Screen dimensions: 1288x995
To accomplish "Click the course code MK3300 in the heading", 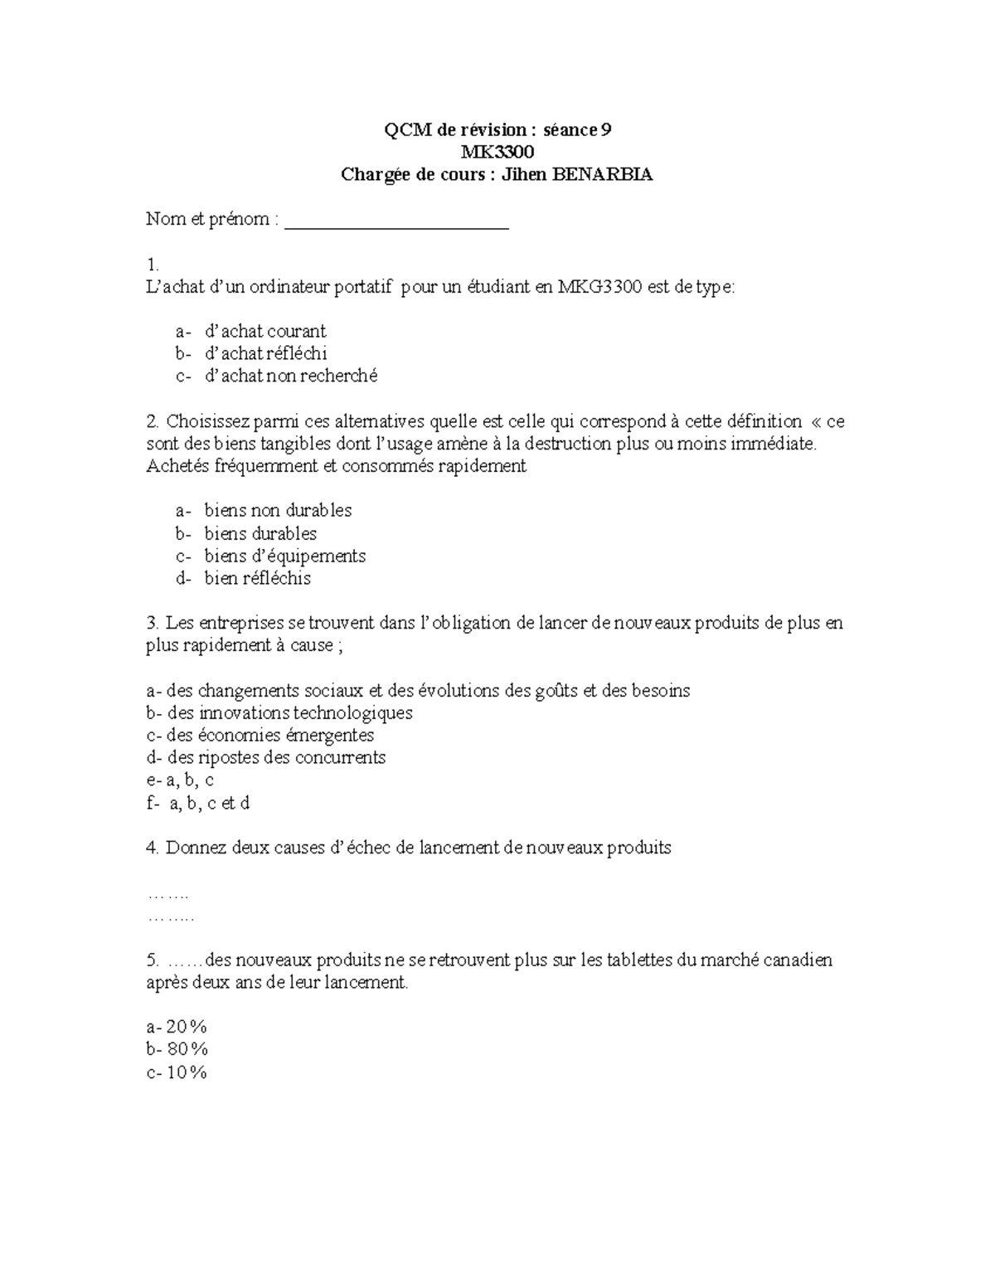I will click(x=498, y=152).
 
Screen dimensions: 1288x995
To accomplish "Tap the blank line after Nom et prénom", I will click(x=396, y=221).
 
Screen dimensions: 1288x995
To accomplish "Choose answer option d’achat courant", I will click(x=265, y=331).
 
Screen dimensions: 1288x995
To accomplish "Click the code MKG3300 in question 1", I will click(x=599, y=287).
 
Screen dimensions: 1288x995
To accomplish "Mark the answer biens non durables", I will click(x=278, y=510).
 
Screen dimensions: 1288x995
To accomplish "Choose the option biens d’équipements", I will click(x=284, y=556).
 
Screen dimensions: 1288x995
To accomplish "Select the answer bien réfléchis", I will click(x=257, y=578).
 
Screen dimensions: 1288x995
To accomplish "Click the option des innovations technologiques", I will click(x=289, y=712).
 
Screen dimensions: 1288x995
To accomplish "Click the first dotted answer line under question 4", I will click(x=167, y=895).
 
